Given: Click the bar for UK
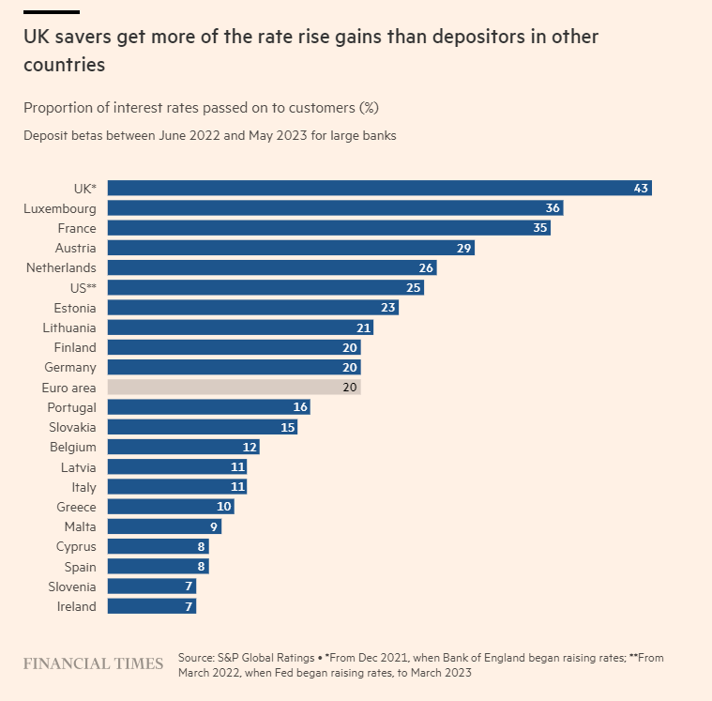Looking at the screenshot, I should (379, 189).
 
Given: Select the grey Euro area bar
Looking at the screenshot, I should (234, 388).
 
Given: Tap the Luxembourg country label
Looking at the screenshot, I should (60, 208).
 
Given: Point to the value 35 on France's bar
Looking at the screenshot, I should (538, 228).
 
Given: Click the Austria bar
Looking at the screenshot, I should (291, 248).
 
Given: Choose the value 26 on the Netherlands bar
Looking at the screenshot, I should (426, 268).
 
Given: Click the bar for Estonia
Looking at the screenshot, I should (252, 308).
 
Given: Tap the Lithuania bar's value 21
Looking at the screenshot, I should (362, 328).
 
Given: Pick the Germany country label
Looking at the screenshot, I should (70, 368).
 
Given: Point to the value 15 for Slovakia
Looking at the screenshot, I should (287, 428).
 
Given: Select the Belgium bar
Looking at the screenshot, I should (183, 448).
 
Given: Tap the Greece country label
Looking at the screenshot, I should (75, 507).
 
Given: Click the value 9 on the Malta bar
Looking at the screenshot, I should (214, 527).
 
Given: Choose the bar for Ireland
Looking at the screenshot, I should (151, 606).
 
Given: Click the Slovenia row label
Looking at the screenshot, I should (71, 587).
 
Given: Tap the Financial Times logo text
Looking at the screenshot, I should (93, 664).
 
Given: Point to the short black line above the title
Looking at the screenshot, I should (51, 12).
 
